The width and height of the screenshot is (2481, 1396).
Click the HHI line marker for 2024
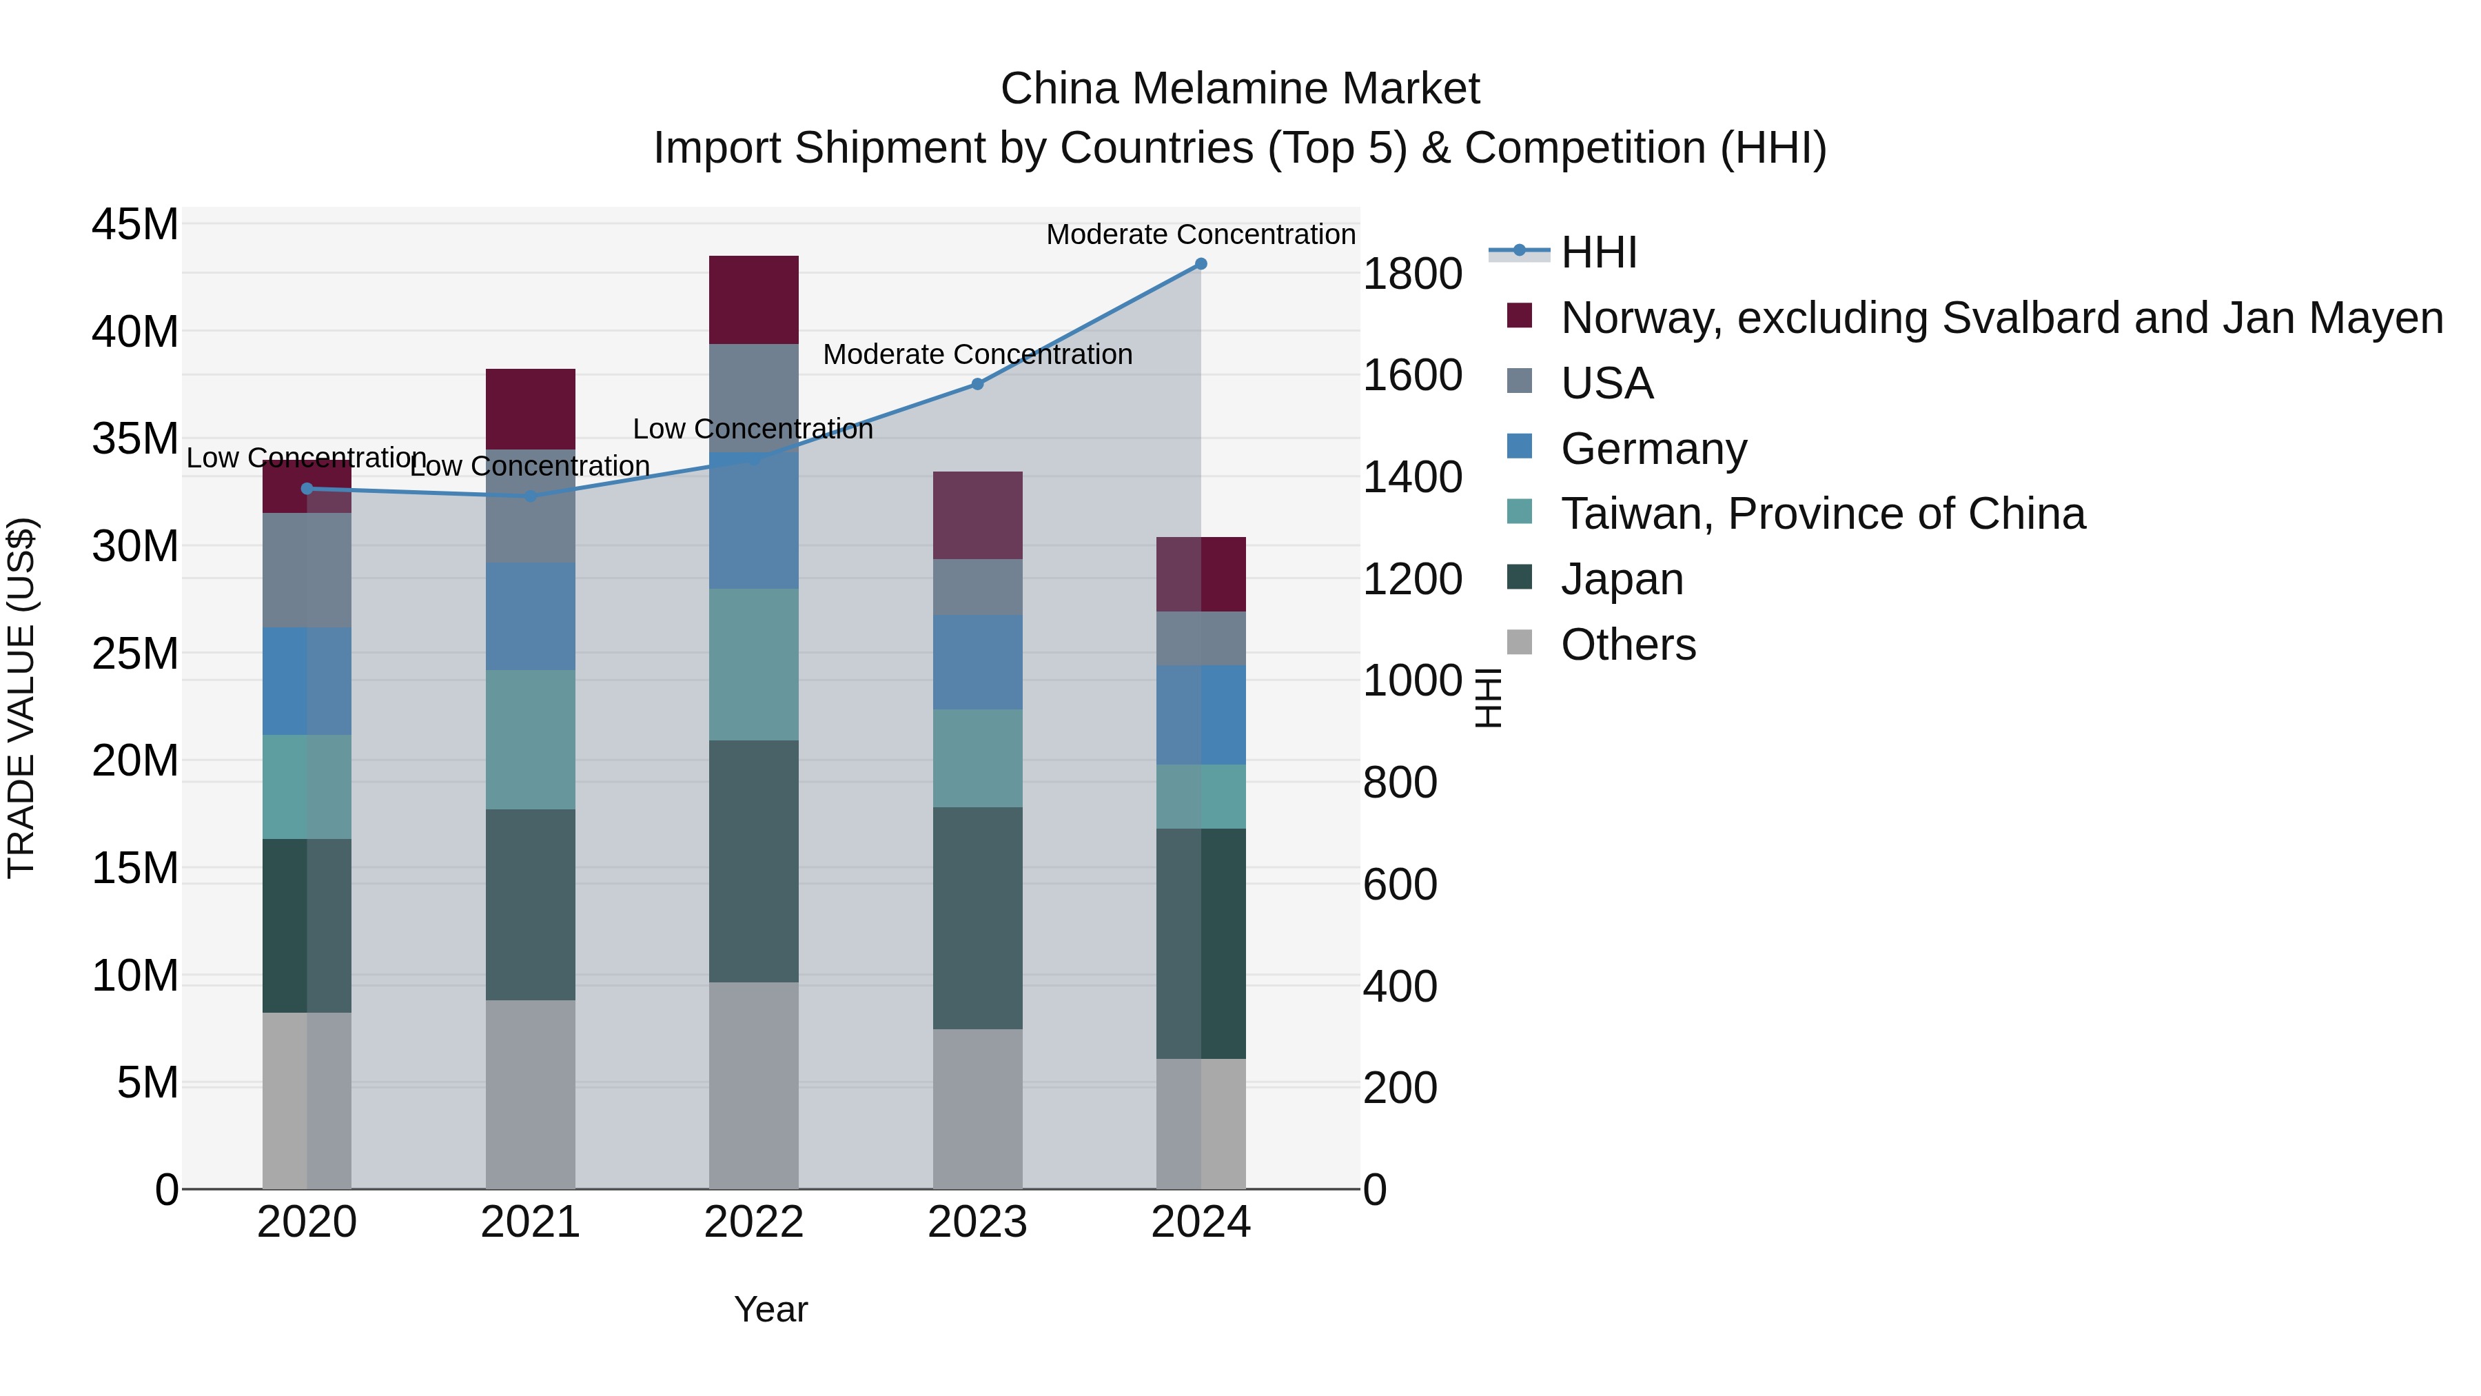click(1200, 264)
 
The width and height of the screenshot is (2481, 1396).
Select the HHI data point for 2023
click(977, 385)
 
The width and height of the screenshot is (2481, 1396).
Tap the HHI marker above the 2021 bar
click(530, 496)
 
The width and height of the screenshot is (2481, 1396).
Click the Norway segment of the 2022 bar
click(753, 300)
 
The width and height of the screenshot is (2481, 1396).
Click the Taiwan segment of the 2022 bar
click(753, 664)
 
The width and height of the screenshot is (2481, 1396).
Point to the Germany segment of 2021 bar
click(530, 616)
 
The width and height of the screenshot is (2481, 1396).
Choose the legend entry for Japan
click(1621, 579)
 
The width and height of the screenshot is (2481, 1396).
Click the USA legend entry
click(1606, 383)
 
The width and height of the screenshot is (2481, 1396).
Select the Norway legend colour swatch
click(1520, 316)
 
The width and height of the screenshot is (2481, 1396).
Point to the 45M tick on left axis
click(135, 225)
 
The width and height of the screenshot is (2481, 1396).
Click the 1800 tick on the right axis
click(1412, 274)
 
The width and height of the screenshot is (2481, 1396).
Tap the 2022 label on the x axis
click(753, 1222)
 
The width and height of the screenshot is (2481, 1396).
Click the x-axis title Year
click(770, 1309)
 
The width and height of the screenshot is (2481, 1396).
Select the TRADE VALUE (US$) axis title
click(21, 698)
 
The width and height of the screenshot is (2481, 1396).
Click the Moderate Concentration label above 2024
click(1200, 234)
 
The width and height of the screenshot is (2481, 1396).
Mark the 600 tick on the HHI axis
click(1400, 884)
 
